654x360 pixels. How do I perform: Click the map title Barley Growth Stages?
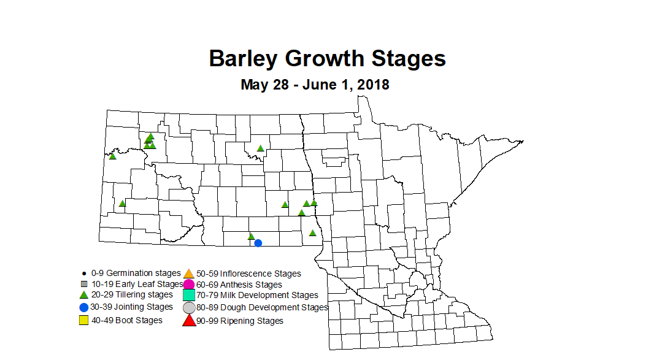point(327,59)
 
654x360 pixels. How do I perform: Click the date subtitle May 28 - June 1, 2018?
point(315,84)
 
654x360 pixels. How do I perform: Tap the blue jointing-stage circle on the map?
point(258,243)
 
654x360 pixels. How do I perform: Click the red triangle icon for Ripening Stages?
point(189,320)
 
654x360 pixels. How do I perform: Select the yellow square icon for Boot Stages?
point(83,320)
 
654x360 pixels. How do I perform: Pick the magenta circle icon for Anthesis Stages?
point(189,285)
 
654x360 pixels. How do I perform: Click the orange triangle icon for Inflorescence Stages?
point(189,274)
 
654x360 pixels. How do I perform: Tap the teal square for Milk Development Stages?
point(189,296)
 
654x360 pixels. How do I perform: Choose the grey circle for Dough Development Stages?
point(189,308)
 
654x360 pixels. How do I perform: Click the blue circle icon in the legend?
point(83,307)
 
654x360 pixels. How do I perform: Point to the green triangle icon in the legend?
point(83,295)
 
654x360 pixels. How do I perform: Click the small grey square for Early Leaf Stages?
point(83,284)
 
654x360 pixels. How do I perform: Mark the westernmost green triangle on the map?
point(113,156)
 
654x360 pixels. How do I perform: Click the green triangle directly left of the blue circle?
point(251,236)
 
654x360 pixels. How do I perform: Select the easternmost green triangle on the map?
point(314,202)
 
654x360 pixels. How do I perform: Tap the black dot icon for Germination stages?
point(83,273)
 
